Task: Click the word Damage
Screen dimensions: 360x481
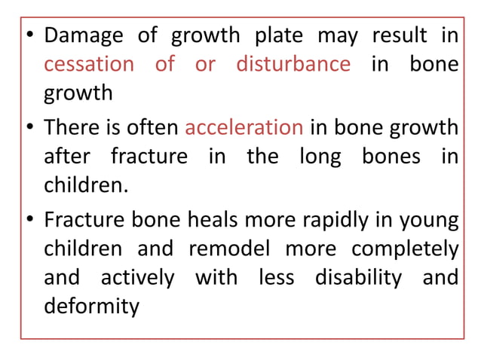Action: click(x=86, y=36)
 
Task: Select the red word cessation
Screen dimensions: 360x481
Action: click(x=87, y=64)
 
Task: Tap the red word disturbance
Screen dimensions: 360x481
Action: click(x=293, y=64)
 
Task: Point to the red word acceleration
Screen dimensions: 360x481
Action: click(x=244, y=127)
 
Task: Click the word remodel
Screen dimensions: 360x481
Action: click(x=222, y=249)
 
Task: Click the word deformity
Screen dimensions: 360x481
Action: click(x=91, y=307)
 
